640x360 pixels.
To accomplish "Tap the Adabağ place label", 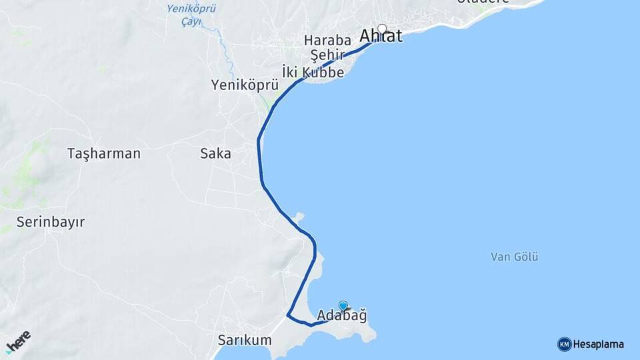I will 342,315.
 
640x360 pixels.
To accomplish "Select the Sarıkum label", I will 244,340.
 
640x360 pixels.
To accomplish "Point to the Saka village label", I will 215,154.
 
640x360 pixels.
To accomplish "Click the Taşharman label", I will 104,154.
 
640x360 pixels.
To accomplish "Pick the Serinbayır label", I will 51,222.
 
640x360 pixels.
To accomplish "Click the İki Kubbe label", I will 313,72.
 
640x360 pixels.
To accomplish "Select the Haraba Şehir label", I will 327,47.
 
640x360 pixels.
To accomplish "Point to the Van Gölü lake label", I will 514,257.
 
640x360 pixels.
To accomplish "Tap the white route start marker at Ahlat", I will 382,29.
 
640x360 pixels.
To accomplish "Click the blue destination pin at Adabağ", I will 343,306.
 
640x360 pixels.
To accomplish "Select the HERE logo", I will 18,342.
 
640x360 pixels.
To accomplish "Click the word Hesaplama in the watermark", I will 598,345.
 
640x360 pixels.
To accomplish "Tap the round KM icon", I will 564,345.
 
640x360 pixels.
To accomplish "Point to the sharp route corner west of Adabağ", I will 288,314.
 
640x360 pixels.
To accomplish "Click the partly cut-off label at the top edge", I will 483,2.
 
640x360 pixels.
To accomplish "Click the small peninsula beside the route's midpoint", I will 299,217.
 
